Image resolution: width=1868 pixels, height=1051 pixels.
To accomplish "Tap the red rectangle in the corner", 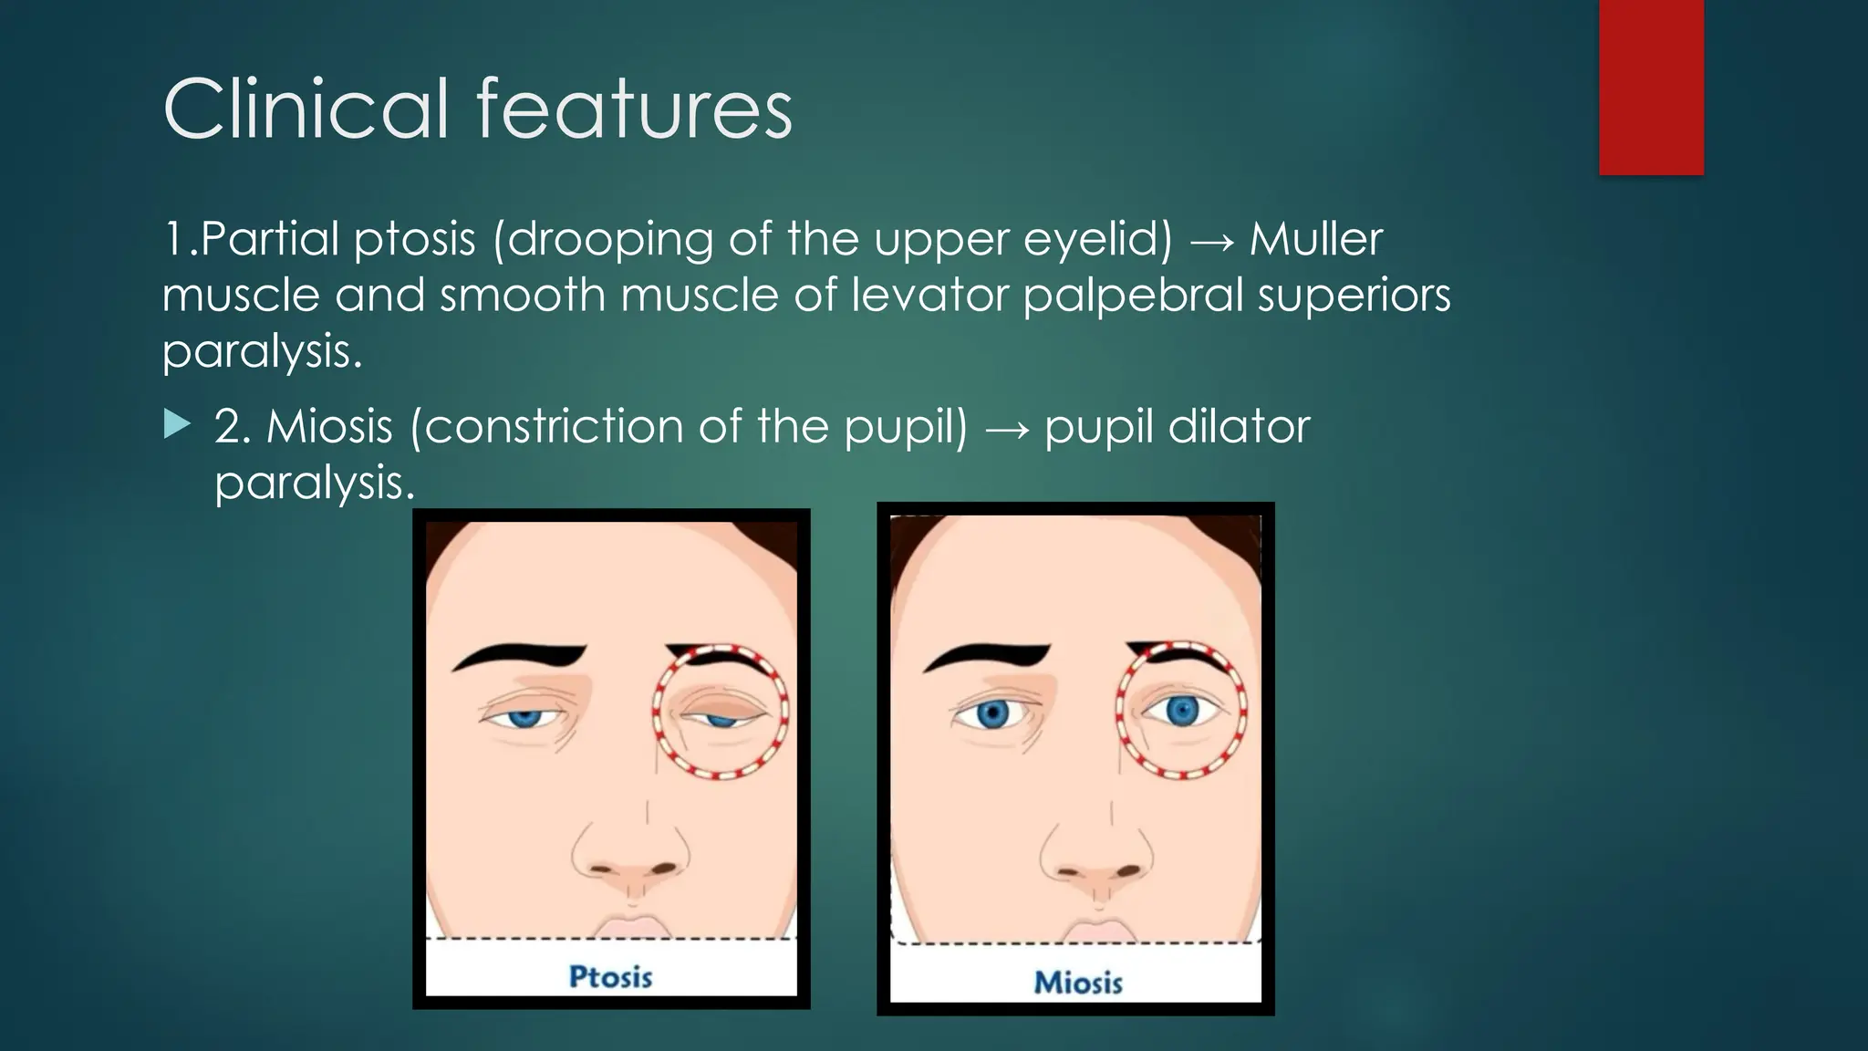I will pos(1651,87).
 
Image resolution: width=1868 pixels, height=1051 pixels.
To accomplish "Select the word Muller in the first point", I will pos(1315,239).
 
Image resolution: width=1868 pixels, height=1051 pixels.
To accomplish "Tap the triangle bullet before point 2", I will pos(178,424).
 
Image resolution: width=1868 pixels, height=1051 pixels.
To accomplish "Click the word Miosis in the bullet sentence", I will pos(329,426).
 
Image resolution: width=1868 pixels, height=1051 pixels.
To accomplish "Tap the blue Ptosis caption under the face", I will pos(610,977).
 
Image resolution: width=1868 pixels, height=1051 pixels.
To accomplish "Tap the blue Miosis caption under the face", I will pos(1078,983).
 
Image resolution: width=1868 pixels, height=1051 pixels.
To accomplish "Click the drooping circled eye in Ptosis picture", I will pos(721,717).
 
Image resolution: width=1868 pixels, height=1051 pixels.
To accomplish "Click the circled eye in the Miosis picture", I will pos(1182,710).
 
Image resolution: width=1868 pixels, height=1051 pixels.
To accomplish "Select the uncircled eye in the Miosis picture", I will pos(991,713).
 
